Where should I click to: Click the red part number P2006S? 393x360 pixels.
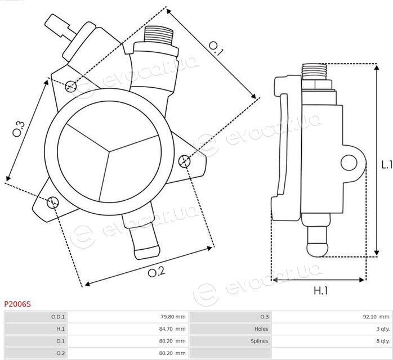17,304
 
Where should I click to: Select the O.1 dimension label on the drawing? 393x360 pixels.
216,48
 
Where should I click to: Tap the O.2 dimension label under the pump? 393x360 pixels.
157,272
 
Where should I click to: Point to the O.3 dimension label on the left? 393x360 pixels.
19,129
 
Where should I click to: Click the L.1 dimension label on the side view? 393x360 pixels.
387,164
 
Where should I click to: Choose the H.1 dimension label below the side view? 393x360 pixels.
320,290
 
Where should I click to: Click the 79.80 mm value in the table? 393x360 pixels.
173,317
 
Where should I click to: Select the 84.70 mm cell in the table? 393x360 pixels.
172,328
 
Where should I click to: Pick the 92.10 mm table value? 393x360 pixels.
376,317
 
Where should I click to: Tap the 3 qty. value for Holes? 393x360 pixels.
383,328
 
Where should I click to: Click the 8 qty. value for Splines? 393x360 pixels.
383,341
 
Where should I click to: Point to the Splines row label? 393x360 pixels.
260,341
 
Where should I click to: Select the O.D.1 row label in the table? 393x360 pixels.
58,317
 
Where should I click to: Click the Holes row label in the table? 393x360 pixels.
261,328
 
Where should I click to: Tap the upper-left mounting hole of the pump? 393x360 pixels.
71,87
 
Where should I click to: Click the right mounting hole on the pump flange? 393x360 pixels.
185,161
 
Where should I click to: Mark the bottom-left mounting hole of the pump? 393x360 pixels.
53,202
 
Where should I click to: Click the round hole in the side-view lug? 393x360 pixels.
349,163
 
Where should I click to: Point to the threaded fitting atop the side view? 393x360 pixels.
315,71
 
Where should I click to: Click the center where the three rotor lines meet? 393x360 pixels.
109,151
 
